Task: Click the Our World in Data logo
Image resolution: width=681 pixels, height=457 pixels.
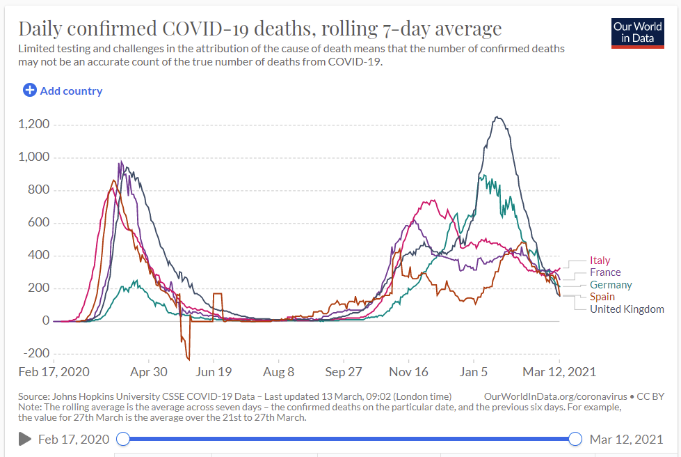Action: click(637, 32)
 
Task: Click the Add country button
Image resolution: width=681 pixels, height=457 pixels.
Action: click(63, 91)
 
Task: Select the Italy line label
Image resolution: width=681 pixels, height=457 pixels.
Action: click(600, 261)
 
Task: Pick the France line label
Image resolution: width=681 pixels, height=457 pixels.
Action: click(605, 272)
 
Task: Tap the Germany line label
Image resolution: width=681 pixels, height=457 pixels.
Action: click(611, 285)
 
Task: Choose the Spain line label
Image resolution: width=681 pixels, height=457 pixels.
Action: click(602, 297)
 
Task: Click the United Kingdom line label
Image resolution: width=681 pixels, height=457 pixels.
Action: click(627, 309)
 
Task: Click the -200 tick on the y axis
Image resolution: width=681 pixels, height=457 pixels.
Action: click(35, 354)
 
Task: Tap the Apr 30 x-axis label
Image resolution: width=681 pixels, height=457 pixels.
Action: click(148, 372)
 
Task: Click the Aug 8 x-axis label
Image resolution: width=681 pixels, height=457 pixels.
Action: click(278, 372)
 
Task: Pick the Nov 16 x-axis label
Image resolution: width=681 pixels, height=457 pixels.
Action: click(408, 372)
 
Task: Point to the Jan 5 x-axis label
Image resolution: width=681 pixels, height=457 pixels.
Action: click(473, 372)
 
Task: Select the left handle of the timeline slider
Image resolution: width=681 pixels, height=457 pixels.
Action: click(123, 439)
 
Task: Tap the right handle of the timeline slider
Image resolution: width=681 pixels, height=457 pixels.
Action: click(575, 439)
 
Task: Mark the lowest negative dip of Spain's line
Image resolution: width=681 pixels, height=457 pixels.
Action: click(188, 359)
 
